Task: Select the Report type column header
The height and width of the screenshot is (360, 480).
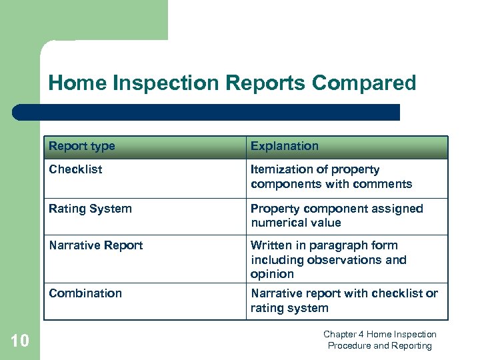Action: tap(82, 146)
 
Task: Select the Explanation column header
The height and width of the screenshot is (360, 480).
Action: tap(285, 146)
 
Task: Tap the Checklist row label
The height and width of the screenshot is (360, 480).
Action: tap(75, 169)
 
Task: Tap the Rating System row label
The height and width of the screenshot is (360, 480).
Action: tap(90, 209)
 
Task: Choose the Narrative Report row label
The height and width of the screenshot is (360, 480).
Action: tap(96, 245)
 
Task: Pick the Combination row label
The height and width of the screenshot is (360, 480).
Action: tap(85, 293)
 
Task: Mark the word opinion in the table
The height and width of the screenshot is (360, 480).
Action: tap(272, 274)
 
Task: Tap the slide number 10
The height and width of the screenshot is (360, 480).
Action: tap(20, 341)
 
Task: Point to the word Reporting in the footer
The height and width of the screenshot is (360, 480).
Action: tap(412, 345)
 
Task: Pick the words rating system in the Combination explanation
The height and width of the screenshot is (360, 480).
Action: tap(289, 308)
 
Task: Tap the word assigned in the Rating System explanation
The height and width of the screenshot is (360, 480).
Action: tap(397, 209)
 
